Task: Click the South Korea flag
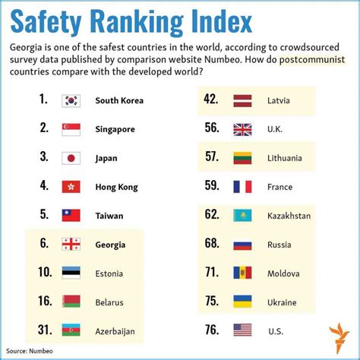click(72, 100)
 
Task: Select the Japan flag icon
click(72, 158)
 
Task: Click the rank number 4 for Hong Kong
click(43, 186)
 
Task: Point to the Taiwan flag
click(72, 215)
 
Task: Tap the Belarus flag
click(72, 301)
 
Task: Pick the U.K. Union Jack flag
click(242, 129)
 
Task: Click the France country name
click(280, 187)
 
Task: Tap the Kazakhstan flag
click(242, 216)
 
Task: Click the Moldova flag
click(242, 273)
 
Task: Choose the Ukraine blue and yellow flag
click(242, 302)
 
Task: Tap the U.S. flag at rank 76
click(242, 330)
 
